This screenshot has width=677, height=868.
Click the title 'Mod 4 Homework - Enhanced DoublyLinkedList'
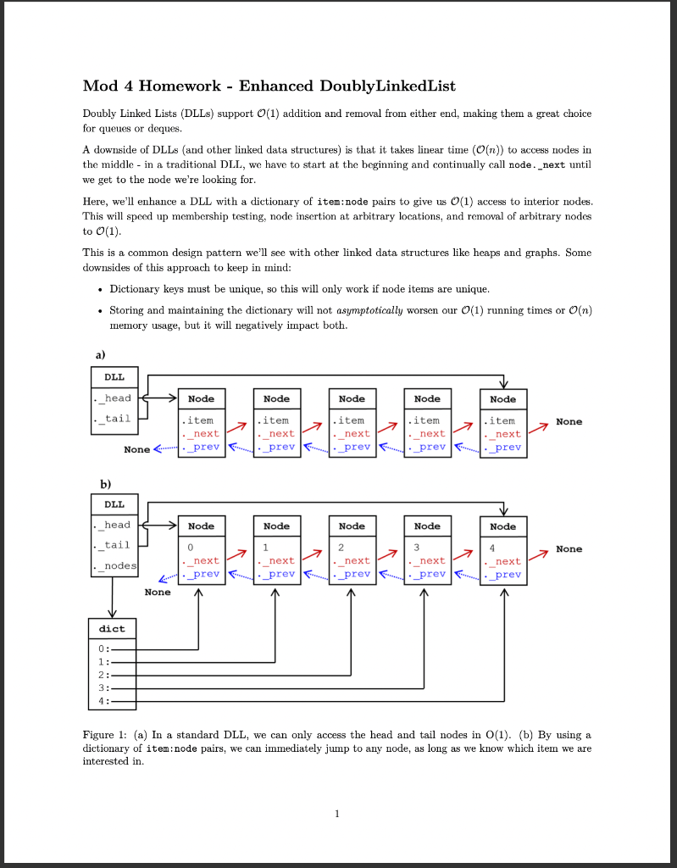pyautogui.click(x=269, y=86)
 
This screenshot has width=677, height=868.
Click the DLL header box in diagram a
pyautogui.click(x=114, y=377)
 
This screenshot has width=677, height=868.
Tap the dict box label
pyautogui.click(x=111, y=629)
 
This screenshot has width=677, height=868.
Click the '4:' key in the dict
pyautogui.click(x=103, y=701)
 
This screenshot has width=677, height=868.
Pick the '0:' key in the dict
pyautogui.click(x=103, y=649)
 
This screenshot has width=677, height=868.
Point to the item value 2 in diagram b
pyautogui.click(x=341, y=548)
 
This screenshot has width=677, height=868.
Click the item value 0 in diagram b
pyautogui.click(x=190, y=548)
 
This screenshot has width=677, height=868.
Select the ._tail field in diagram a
pyautogui.click(x=114, y=419)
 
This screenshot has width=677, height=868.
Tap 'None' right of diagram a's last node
pyautogui.click(x=569, y=421)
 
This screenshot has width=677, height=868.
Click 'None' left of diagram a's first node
pyautogui.click(x=136, y=449)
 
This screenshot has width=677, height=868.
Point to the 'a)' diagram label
pyautogui.click(x=99, y=355)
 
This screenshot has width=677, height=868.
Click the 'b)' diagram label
pyautogui.click(x=106, y=484)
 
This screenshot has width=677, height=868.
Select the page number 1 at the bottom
pyautogui.click(x=337, y=815)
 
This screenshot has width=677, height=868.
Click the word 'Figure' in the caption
pyautogui.click(x=98, y=734)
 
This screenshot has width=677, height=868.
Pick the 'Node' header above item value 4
pyautogui.click(x=502, y=526)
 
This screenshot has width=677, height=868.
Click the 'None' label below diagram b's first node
pyautogui.click(x=157, y=592)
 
